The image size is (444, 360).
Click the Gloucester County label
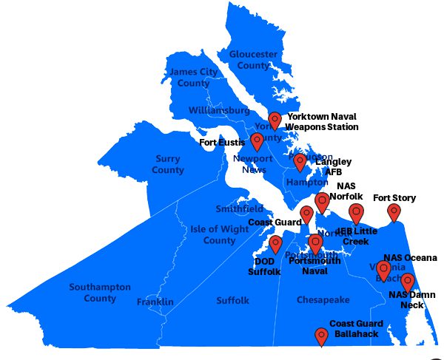tap(253, 60)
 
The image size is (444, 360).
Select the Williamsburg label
tap(219, 110)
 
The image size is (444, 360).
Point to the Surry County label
tap(168, 165)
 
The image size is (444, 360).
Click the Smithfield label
tap(239, 209)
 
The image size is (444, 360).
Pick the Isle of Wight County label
tap(219, 234)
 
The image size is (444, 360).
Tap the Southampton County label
tap(100, 293)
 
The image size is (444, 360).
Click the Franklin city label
tap(155, 302)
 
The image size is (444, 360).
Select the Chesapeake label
tap(323, 300)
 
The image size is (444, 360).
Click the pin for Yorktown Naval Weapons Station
tap(275, 120)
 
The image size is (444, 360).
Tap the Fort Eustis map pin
tap(257, 140)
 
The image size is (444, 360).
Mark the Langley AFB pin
tap(300, 161)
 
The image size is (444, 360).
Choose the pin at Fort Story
tap(394, 211)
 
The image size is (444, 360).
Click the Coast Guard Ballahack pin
tap(321, 336)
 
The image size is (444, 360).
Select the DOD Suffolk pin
tap(275, 243)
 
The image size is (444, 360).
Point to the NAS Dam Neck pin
tap(407, 282)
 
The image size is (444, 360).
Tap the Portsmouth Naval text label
tap(314, 265)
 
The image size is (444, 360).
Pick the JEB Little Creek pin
tap(357, 214)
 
